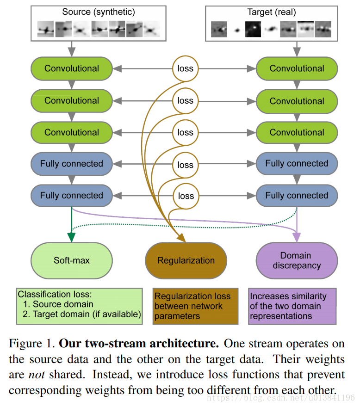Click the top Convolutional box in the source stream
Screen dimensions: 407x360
tap(72, 68)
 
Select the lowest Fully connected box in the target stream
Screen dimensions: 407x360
tap(297, 195)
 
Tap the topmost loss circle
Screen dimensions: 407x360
tap(185, 69)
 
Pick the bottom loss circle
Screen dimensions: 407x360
tap(185, 196)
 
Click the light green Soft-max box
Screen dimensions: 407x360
tap(71, 260)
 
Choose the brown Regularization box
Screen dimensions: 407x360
tap(186, 260)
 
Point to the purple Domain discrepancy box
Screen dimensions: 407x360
tap(296, 260)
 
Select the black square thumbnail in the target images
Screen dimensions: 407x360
tap(253, 29)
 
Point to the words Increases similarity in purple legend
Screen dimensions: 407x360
tap(288, 296)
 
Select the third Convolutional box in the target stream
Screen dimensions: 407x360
tap(297, 132)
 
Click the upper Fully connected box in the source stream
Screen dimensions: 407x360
tap(72, 164)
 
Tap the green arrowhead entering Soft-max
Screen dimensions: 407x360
tap(71, 237)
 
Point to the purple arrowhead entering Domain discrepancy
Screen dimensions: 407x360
tap(296, 237)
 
